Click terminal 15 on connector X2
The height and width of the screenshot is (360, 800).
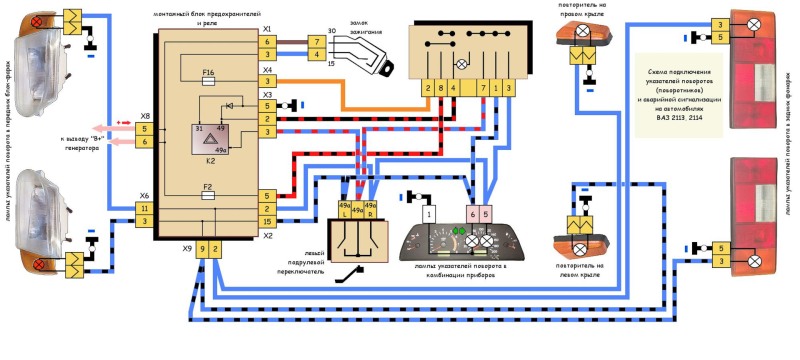pyautogui.click(x=268, y=221)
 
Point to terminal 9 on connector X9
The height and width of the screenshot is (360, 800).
pyautogui.click(x=202, y=247)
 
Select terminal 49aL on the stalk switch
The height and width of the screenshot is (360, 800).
pyautogui.click(x=344, y=211)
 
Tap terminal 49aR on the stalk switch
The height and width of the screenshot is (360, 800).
pyautogui.click(x=370, y=211)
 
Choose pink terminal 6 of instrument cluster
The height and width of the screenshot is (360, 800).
pyautogui.click(x=470, y=214)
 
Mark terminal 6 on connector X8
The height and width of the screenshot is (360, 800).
pyautogui.click(x=146, y=143)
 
